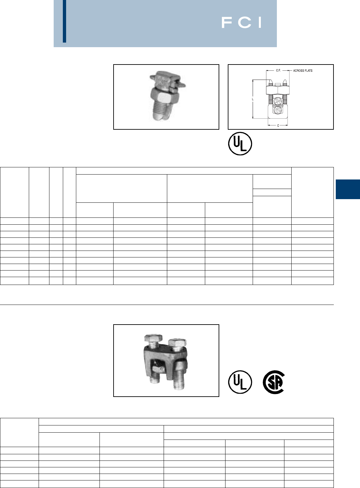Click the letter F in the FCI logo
(227, 23)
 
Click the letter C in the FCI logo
(245, 23)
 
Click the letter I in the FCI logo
(260, 23)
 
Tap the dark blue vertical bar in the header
(64, 21)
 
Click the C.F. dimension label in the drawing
(278, 70)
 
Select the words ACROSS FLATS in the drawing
(303, 71)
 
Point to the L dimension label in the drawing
(253, 99)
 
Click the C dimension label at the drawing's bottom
(278, 126)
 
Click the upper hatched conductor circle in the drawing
(278, 102)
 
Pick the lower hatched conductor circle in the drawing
(278, 110)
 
